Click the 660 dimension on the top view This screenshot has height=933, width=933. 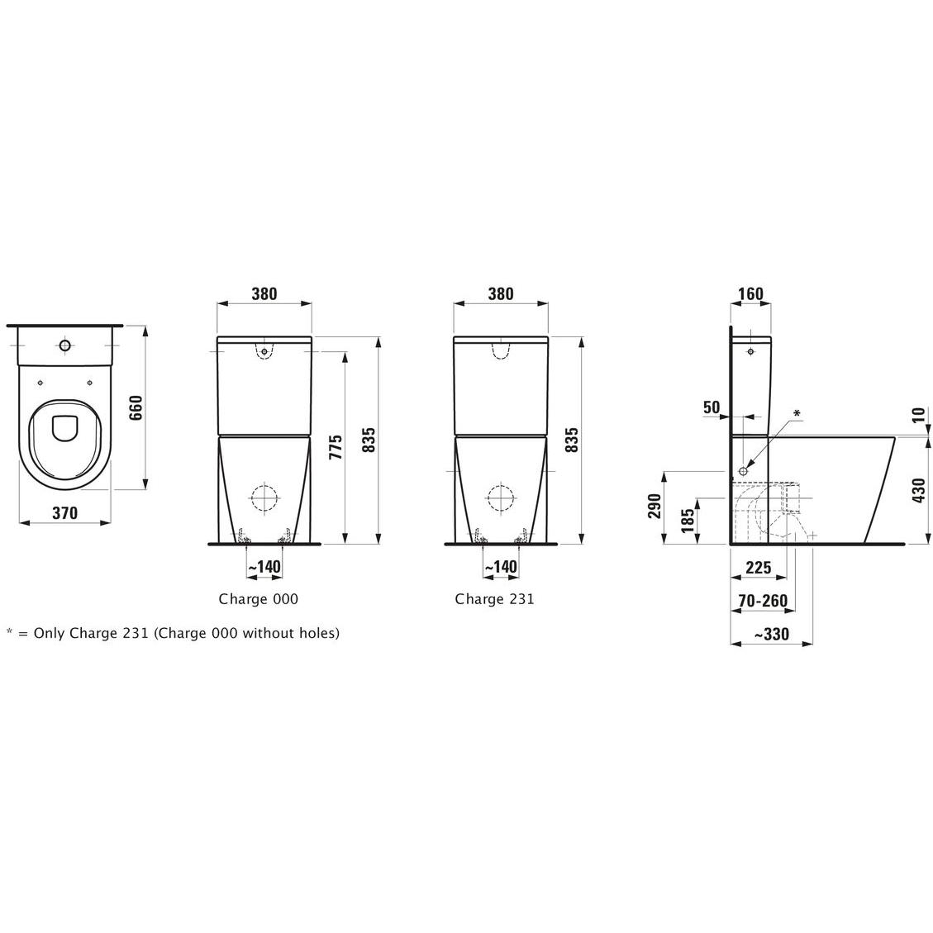136,407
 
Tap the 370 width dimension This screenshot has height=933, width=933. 64,513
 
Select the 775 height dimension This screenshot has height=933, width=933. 336,447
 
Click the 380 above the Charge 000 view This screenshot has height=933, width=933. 264,293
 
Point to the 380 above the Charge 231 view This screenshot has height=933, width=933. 501,293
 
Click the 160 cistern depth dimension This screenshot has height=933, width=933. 751,293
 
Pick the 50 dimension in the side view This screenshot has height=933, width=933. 712,407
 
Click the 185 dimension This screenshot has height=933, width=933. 688,521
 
